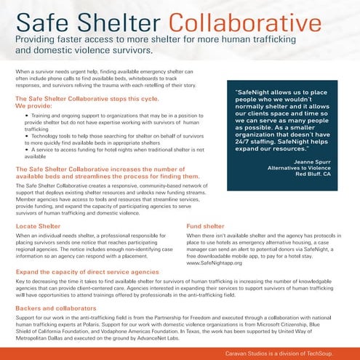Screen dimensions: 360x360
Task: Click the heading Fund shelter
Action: [x=206, y=227]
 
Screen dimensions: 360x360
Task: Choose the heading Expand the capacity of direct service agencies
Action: [x=87, y=271]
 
